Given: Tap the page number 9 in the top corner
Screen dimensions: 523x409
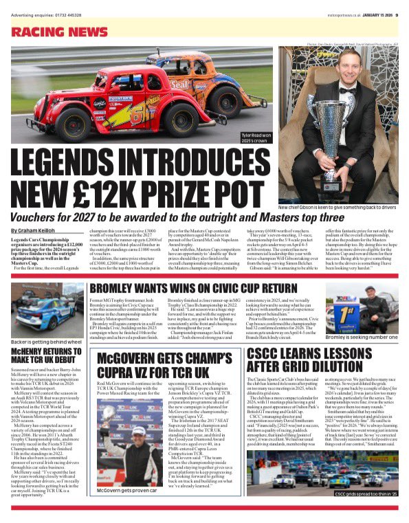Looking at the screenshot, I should point(398,7).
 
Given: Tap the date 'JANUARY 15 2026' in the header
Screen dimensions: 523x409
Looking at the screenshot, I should point(373,7).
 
